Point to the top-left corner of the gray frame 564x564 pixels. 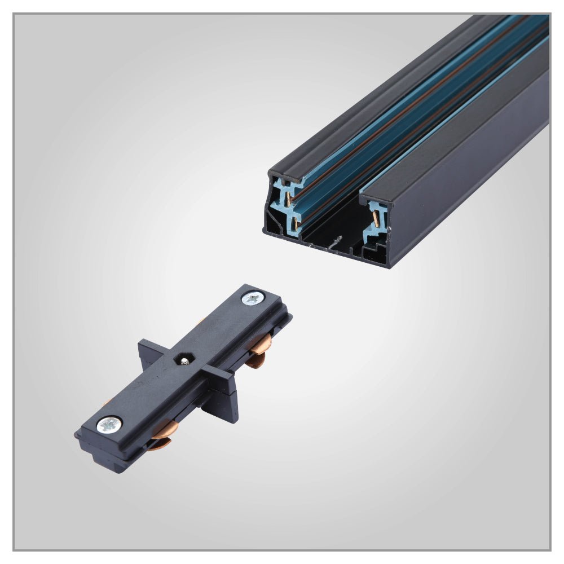coord(14,15)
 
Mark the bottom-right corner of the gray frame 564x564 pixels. coord(550,549)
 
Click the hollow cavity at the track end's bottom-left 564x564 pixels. coord(274,226)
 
